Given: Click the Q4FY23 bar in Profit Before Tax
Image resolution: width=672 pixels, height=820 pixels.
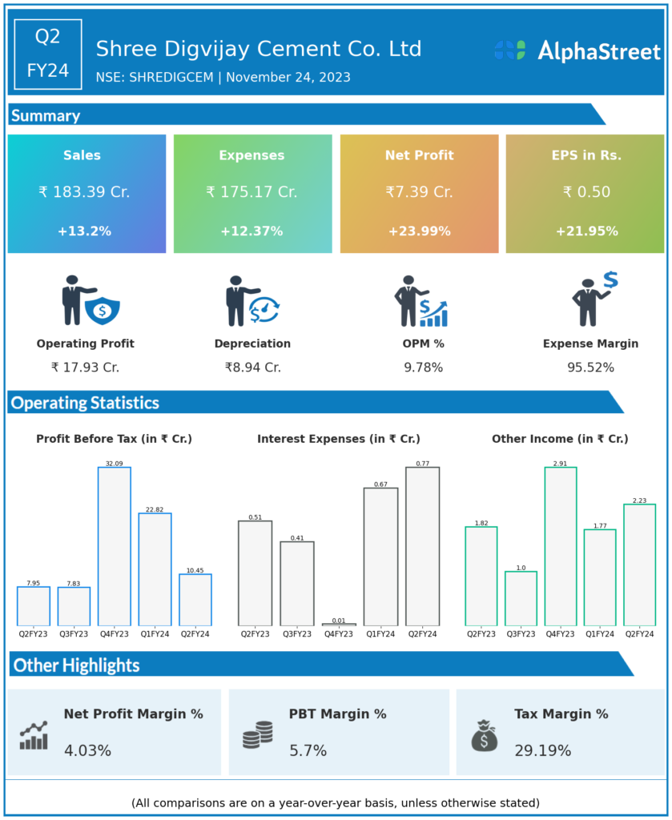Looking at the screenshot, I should [115, 546].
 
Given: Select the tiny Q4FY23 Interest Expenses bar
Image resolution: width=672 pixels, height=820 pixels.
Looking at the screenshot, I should [339, 624].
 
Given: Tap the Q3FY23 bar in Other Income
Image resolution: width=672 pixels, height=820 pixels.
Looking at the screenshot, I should [521, 598].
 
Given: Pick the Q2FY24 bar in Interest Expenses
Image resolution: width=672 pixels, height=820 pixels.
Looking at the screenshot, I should [422, 546].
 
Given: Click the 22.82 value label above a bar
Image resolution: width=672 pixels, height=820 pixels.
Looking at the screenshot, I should [155, 508].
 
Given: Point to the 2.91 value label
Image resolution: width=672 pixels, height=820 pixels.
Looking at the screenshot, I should [561, 463].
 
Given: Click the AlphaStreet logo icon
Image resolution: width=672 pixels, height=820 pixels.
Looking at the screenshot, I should [509, 50].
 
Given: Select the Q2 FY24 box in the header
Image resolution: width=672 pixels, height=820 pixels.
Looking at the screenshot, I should [48, 54].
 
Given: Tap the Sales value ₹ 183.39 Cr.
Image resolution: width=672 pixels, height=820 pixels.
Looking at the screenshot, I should [84, 192].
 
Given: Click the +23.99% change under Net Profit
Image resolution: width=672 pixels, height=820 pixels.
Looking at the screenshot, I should [419, 231].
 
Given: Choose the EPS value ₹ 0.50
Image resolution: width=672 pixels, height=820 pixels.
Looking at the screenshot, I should [586, 192].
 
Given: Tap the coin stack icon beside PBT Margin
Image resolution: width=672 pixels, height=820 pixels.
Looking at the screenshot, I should [258, 735].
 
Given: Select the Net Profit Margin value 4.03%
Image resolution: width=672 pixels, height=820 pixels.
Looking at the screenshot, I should [87, 751].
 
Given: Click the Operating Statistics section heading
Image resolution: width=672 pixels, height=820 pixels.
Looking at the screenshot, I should [85, 403].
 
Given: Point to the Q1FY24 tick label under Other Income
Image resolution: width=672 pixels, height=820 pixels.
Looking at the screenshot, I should [599, 634].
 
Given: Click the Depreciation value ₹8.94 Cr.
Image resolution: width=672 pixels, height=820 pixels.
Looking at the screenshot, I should [252, 368].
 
